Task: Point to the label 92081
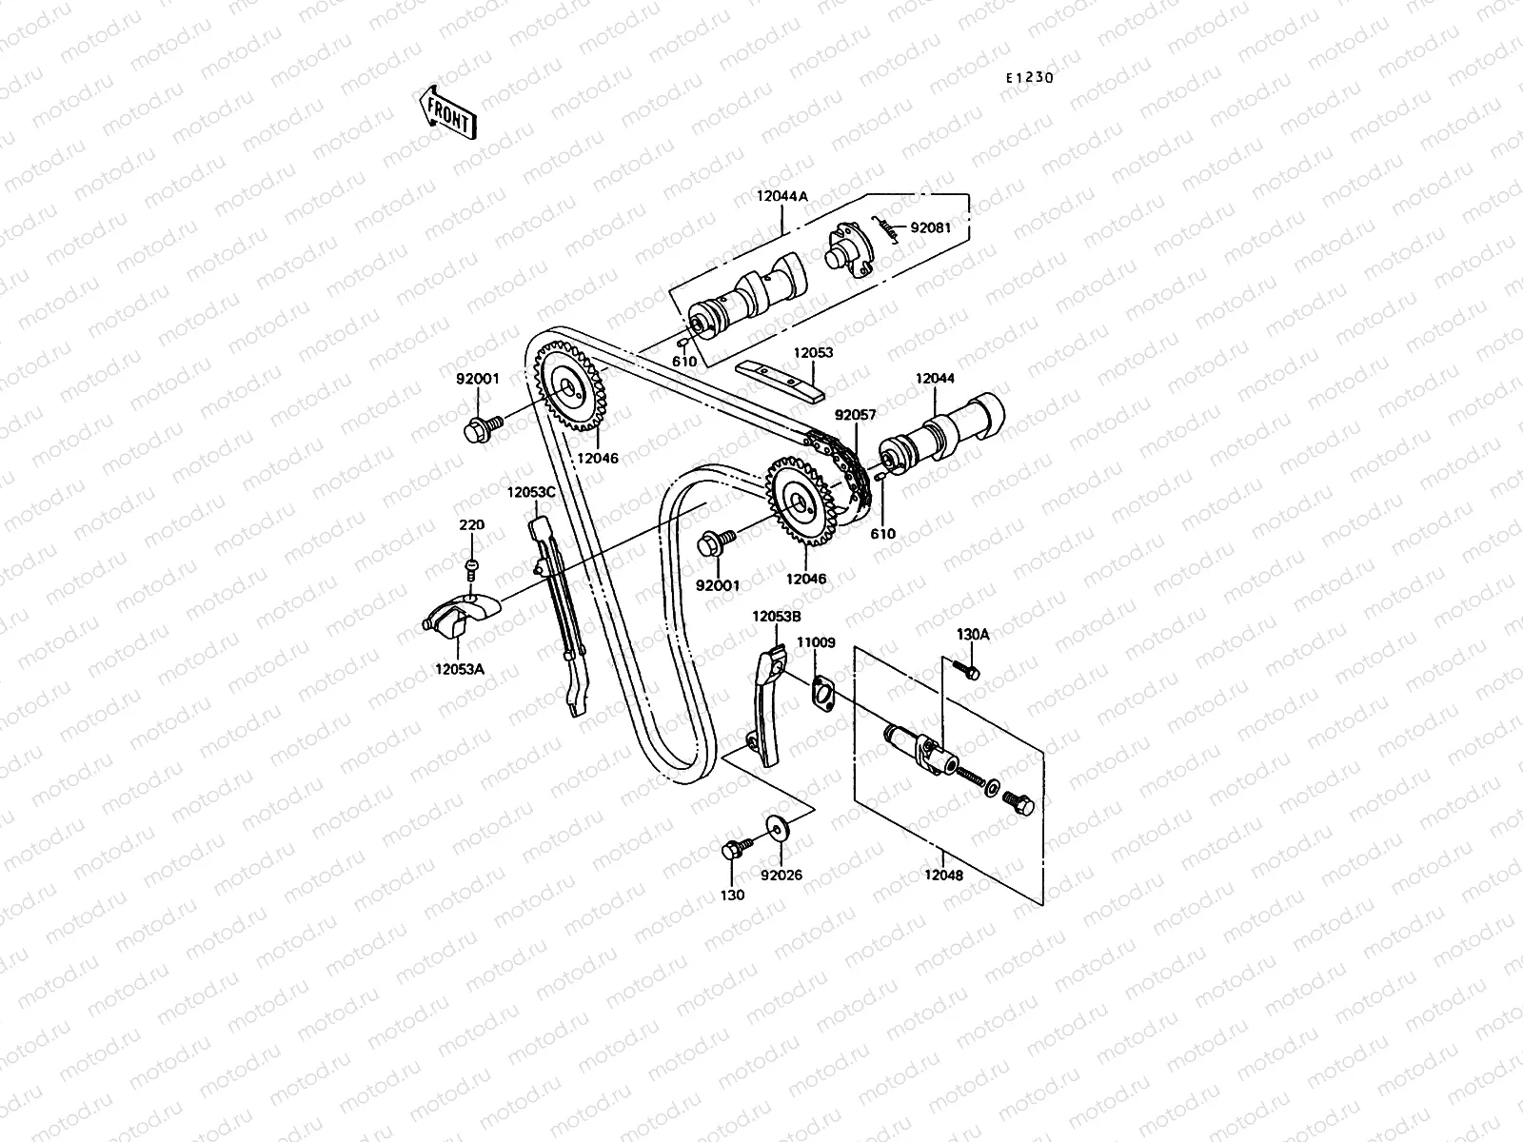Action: (x=930, y=228)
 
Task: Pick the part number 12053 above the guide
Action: (x=814, y=353)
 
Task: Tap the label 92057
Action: (x=855, y=416)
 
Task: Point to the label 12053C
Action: (x=531, y=492)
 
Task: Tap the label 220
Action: (x=472, y=525)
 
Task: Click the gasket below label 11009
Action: (x=822, y=689)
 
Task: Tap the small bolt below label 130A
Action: (x=970, y=672)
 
